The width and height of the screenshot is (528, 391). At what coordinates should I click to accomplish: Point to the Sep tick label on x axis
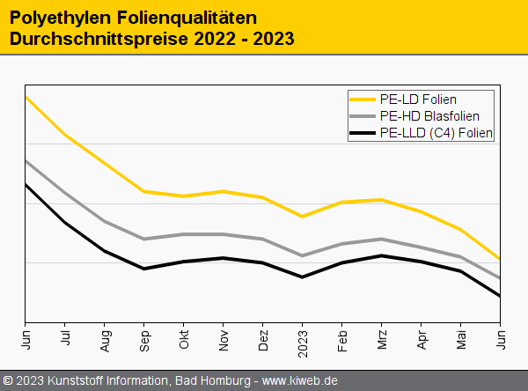[144, 338]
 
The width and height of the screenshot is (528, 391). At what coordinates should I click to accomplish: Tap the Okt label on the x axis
[184, 338]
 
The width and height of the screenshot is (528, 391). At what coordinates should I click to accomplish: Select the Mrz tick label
[382, 338]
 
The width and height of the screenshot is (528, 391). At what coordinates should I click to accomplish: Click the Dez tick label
[263, 338]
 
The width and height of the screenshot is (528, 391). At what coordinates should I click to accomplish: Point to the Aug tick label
[105, 339]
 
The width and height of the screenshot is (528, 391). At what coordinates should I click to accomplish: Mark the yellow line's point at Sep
[144, 191]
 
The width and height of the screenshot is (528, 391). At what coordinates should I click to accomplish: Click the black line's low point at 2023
[303, 277]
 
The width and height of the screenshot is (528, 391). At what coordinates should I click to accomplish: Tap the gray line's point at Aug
[105, 221]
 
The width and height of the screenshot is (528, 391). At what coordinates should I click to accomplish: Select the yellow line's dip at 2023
[303, 217]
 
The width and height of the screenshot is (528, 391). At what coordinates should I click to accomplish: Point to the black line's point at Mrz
[382, 255]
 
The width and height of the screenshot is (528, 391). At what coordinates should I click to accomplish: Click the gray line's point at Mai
[461, 256]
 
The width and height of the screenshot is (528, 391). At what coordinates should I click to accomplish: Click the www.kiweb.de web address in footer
[300, 380]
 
